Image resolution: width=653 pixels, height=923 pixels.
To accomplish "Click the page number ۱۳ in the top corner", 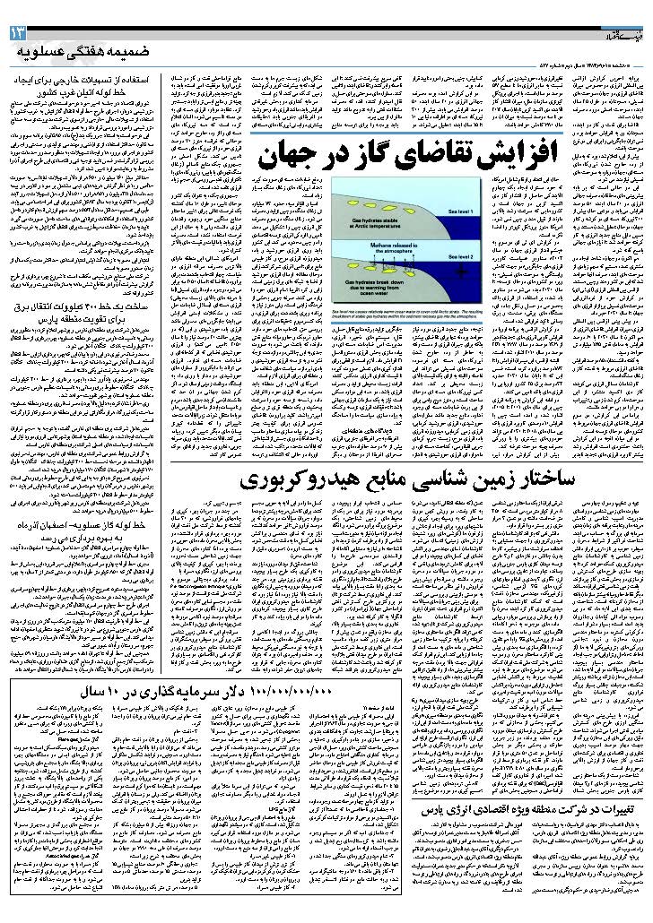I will [x=19, y=34].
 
